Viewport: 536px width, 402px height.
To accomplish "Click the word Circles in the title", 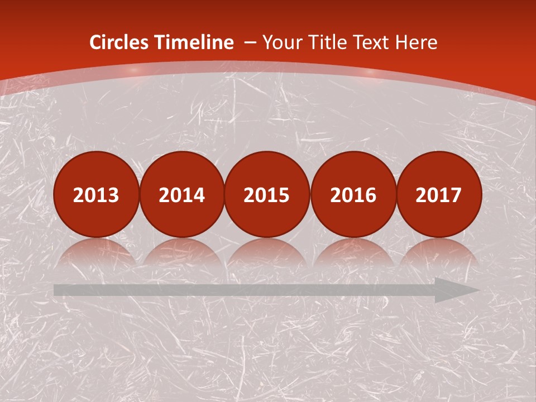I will (120, 42).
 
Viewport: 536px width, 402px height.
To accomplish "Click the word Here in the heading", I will (417, 42).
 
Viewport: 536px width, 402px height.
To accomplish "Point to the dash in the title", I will (251, 42).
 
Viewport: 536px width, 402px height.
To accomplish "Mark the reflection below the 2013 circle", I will (96, 251).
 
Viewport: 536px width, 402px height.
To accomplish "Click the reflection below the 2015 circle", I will (267, 251).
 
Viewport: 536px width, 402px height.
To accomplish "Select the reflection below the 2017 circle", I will (439, 251).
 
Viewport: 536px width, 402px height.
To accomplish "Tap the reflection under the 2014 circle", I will (181, 251).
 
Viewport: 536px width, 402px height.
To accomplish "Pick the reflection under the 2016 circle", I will (353, 251).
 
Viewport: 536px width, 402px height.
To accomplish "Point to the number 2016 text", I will (353, 195).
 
